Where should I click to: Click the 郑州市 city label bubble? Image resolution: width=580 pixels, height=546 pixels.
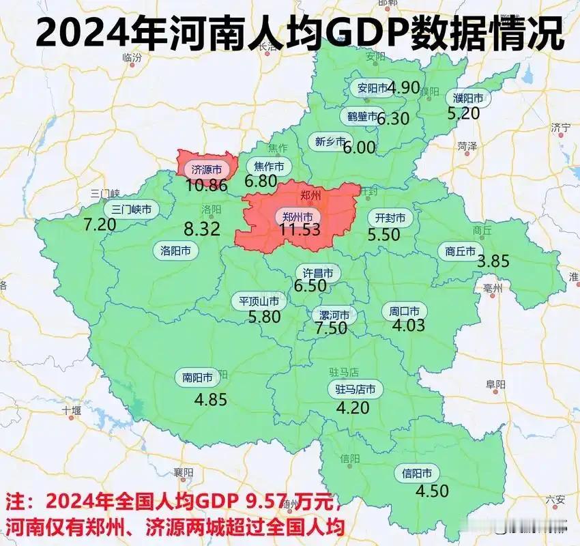[x=300, y=216]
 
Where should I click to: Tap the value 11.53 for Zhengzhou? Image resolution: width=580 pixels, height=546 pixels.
[x=300, y=230]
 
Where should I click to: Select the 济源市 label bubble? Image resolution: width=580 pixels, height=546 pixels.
[x=206, y=169]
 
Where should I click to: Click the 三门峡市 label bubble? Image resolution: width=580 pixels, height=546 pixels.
[x=132, y=210]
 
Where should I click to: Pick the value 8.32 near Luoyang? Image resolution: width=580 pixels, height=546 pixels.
[x=201, y=229]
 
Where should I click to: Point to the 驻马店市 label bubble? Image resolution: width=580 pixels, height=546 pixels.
[x=356, y=390]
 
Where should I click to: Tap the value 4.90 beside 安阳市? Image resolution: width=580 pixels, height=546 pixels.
[x=403, y=87]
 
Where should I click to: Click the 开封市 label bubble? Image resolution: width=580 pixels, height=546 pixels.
[x=390, y=218]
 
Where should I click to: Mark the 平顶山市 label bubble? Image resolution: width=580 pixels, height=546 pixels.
[x=258, y=301]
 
